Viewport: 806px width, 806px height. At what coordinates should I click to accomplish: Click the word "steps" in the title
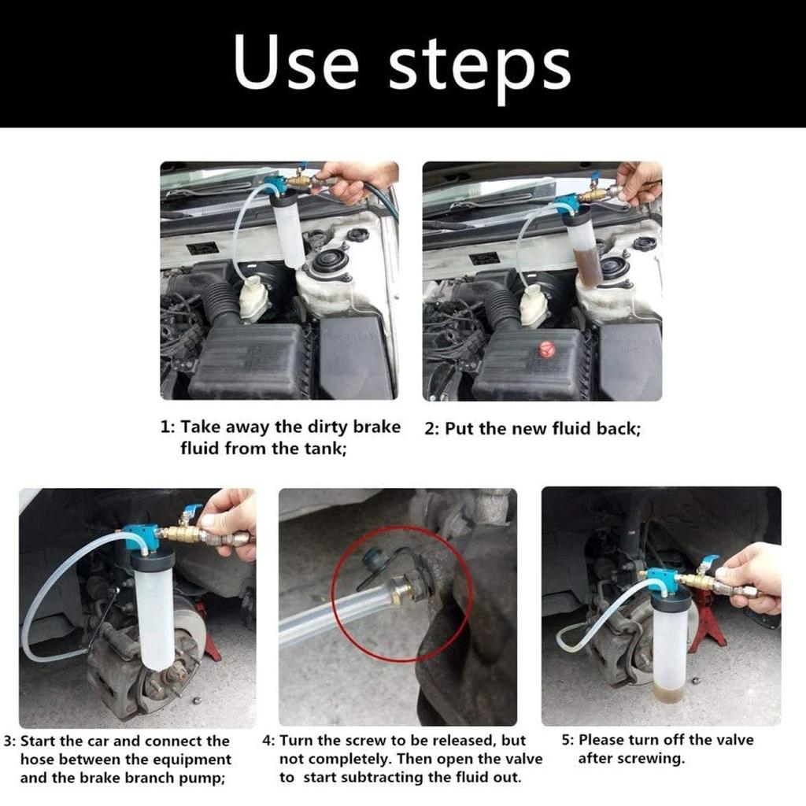(480, 66)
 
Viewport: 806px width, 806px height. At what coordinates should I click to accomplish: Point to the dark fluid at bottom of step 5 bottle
(668, 693)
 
